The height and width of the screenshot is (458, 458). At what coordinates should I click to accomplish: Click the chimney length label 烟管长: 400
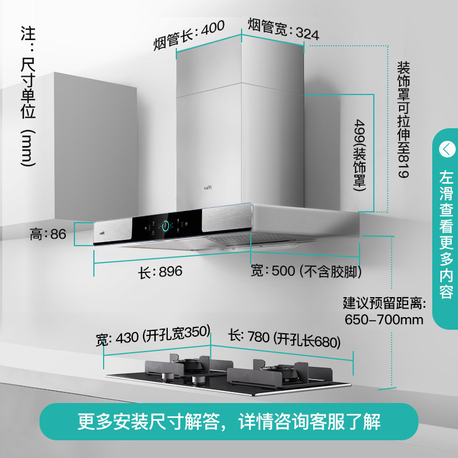188,35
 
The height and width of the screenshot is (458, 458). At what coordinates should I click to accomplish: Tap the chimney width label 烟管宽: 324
283,29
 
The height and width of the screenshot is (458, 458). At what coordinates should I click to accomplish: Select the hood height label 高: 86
49,234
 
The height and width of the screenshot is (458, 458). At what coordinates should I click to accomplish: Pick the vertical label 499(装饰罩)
360,153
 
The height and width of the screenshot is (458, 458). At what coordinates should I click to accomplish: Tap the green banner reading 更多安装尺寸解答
229,422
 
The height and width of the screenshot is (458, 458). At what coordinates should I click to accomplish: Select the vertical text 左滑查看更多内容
446,235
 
